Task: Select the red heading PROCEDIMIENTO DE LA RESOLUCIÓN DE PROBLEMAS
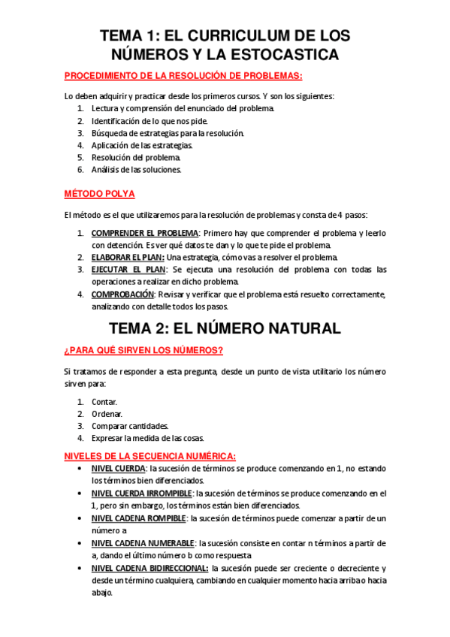[x=183, y=76]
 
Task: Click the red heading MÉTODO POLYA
[x=100, y=195]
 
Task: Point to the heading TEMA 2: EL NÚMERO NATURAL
[x=225, y=328]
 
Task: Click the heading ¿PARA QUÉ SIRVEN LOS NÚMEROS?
[x=143, y=350]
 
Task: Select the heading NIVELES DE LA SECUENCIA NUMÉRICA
[x=150, y=456]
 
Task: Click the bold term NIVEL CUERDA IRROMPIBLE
[x=142, y=494]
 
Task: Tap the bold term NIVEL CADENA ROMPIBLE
[x=138, y=518]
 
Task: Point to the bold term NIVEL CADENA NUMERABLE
[x=143, y=543]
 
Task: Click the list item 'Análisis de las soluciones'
[x=137, y=170]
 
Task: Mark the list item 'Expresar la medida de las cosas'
[x=147, y=438]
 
